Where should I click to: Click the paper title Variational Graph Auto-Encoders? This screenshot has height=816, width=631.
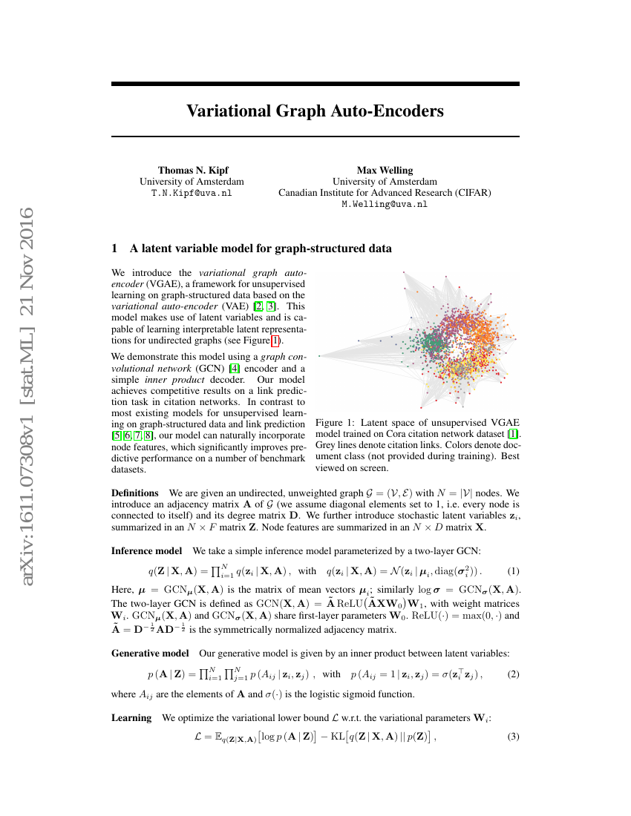coord(315,111)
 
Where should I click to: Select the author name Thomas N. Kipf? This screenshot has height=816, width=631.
coord(192,170)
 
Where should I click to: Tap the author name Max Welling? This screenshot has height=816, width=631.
coord(385,170)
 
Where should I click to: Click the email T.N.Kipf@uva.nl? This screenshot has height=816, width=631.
coord(192,192)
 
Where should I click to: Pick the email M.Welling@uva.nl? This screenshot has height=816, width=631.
coord(385,203)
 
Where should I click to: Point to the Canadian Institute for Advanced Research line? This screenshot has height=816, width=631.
coord(385,192)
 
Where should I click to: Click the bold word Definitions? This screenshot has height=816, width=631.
coord(134,493)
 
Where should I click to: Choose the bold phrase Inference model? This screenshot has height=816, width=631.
coord(146,550)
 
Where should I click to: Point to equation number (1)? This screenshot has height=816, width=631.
coord(513,571)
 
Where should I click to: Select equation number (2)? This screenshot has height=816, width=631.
coord(513,674)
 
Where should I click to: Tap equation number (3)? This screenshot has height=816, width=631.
coord(513,737)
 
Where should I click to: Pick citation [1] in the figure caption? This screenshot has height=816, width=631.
coord(512,433)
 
